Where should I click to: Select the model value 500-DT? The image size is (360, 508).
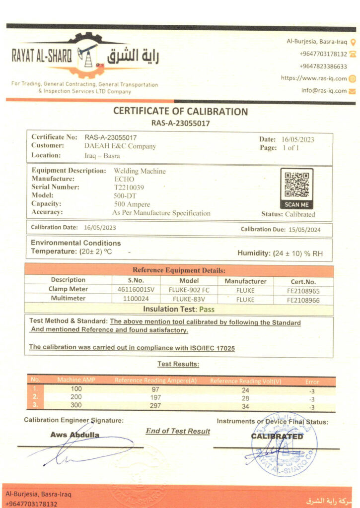point(124,195)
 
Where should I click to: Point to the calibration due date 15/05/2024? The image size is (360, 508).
point(302,229)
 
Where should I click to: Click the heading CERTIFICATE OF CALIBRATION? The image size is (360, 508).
point(180,112)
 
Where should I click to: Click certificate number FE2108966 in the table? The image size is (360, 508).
point(303,300)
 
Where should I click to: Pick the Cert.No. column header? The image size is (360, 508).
point(303,281)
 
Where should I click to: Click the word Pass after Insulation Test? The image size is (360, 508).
point(207,309)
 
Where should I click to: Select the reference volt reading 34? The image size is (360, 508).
point(245,407)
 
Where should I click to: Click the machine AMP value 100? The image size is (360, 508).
point(76,389)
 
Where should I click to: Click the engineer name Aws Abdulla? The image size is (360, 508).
point(74,435)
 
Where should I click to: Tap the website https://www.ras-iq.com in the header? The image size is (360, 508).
point(313,78)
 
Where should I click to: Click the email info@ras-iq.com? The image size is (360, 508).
point(324,91)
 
